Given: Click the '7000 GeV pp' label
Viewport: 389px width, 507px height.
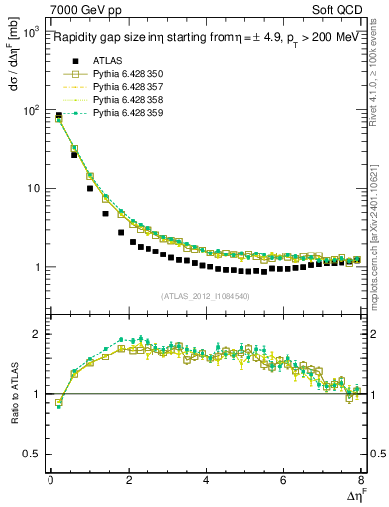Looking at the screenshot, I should [x=84, y=9].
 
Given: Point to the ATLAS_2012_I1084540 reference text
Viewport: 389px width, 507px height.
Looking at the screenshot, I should [x=205, y=295].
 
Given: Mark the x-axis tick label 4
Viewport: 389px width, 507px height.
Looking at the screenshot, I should [x=206, y=481].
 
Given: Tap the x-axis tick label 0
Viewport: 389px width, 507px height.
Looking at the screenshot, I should [x=50, y=481].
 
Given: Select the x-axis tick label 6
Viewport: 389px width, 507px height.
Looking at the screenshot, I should [x=283, y=481].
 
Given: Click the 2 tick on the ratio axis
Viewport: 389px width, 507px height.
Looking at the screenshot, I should [x=38, y=334].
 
